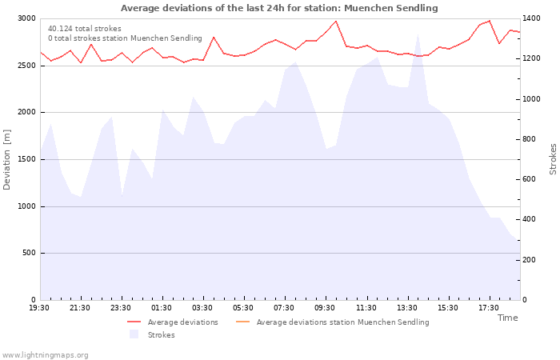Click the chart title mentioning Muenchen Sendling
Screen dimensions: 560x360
point(279,8)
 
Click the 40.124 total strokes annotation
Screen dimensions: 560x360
point(85,29)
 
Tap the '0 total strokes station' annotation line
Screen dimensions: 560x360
point(125,38)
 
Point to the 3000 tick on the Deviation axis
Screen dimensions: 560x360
point(26,18)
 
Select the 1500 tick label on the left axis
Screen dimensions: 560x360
point(26,159)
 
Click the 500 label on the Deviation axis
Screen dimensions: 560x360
point(29,253)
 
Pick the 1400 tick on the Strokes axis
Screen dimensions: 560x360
point(531,18)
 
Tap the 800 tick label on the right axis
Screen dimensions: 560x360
point(530,139)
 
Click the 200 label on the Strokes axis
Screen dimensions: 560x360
point(530,260)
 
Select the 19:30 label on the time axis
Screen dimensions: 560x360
point(39,308)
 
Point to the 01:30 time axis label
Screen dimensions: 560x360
point(162,308)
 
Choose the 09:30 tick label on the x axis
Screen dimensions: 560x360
point(325,308)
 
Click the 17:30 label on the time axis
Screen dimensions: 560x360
point(489,308)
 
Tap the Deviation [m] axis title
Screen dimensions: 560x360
point(6,159)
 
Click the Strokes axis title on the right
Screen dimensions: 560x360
point(553,159)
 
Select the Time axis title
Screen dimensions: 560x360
point(507,318)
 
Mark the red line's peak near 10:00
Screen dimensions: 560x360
point(336,21)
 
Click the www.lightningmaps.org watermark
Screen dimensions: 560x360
point(45,355)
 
